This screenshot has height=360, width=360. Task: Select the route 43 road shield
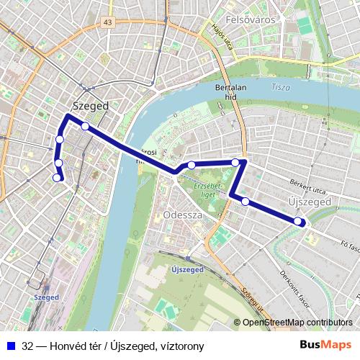(x=108, y=23)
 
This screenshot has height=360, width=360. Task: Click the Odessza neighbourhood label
(x=183, y=215)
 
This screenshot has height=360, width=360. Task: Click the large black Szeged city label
(x=91, y=106)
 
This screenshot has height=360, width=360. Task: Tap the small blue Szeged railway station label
(x=46, y=296)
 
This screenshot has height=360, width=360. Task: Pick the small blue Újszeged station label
(x=188, y=269)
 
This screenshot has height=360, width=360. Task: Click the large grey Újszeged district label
(x=308, y=204)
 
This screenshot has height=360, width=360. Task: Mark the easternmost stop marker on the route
(x=299, y=221)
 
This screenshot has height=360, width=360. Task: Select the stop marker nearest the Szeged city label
(x=85, y=127)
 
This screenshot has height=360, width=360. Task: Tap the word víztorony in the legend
(x=181, y=346)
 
